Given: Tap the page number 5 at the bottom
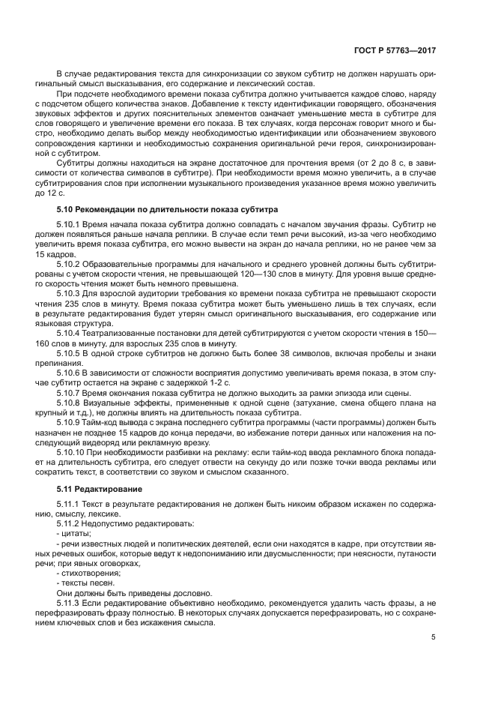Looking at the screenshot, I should click(x=433, y=638).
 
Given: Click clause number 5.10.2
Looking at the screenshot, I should click(x=70, y=265).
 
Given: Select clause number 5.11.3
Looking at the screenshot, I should click(x=70, y=603).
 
